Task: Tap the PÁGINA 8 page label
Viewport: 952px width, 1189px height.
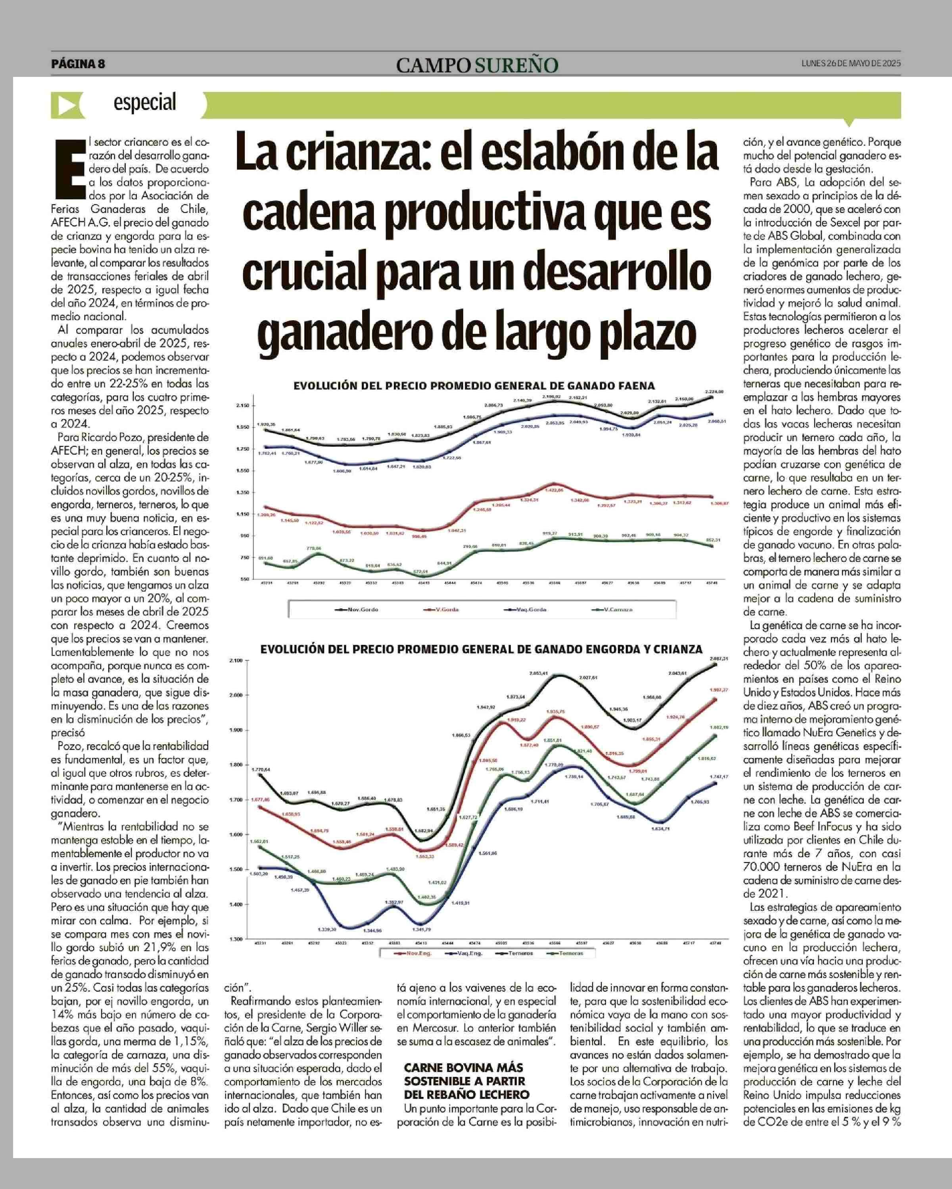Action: (x=78, y=63)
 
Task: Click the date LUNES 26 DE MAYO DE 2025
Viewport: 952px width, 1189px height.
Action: (x=850, y=63)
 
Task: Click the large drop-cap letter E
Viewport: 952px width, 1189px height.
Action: (x=69, y=168)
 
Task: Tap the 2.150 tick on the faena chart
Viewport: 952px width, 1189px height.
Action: (x=242, y=406)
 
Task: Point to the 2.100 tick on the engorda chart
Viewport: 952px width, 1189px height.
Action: (x=236, y=660)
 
